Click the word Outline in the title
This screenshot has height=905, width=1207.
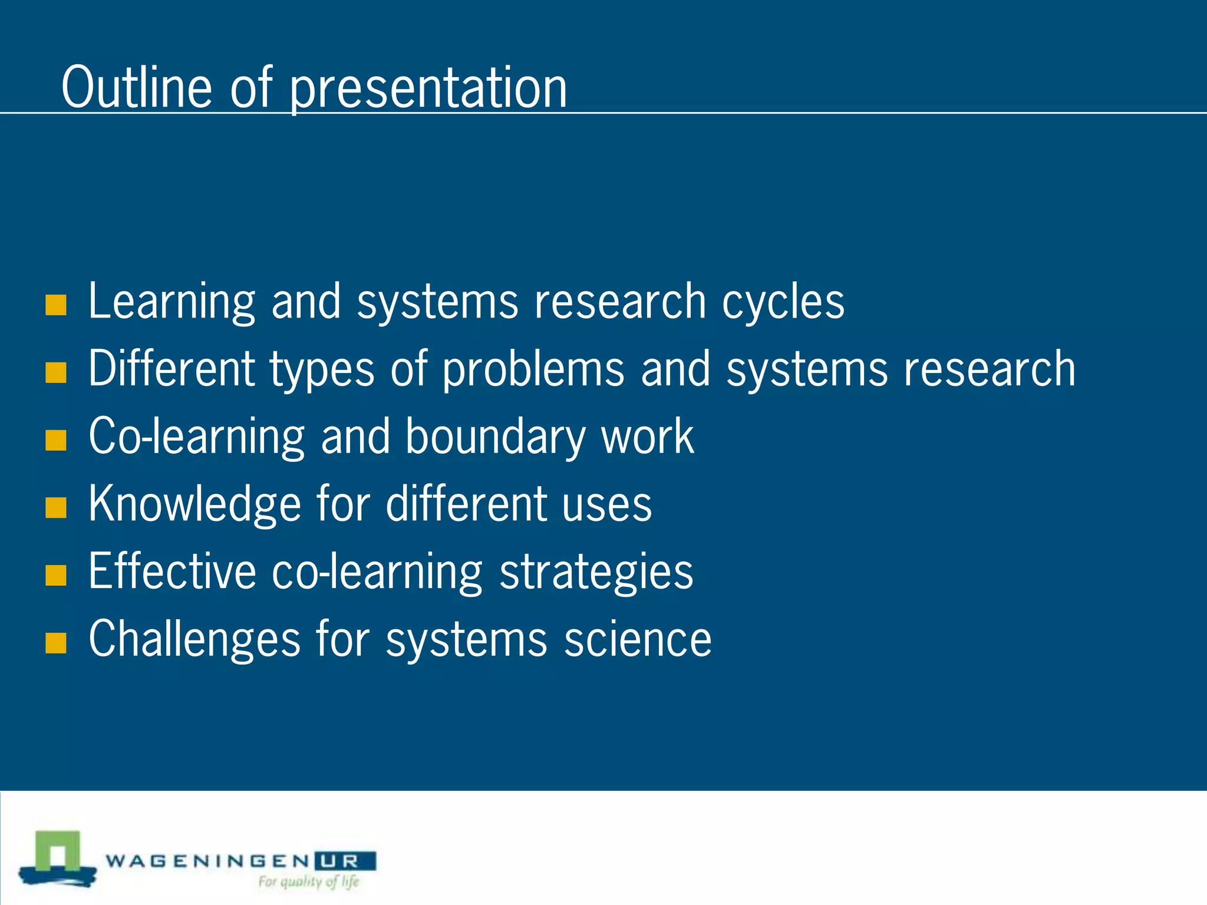136,88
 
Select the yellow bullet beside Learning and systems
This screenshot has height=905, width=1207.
55,305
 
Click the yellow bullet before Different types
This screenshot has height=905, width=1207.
55,372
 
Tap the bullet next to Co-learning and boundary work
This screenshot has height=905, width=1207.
55,440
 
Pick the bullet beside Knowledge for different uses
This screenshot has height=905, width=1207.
55,507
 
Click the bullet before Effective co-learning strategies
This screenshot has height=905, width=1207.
55,575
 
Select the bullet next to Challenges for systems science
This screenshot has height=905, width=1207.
55,643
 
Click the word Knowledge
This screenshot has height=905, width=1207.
194,505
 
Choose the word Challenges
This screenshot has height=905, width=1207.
194,640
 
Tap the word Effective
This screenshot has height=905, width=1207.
172,572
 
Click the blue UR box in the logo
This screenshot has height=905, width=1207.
345,861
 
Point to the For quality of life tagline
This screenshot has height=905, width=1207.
308,882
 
